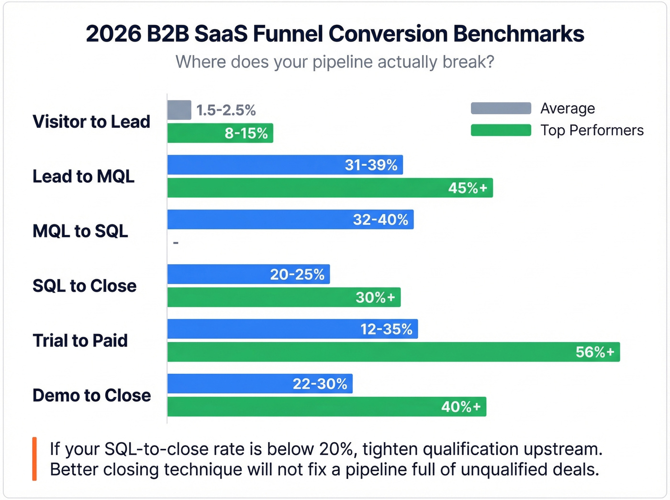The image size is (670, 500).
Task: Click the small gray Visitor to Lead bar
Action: pos(179,110)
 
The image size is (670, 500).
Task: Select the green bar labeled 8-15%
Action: pos(220,133)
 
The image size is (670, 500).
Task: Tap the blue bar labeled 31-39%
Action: pos(285,165)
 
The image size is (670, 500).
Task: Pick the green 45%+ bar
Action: pos(330,188)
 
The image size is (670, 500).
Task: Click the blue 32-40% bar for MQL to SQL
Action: pos(290,220)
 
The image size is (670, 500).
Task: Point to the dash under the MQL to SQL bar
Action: pos(176,243)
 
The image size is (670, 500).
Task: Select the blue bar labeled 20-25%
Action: pos(248,274)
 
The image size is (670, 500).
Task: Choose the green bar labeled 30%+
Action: pos(284,297)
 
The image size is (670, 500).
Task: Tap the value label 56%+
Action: pos(594,352)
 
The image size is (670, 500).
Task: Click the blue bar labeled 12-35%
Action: pos(292,329)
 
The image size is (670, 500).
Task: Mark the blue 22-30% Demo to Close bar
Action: pos(260,384)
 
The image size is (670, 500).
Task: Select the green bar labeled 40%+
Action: pos(326,407)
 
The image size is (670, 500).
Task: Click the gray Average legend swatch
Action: pos(501,108)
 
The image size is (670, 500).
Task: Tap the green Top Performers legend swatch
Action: pos(501,130)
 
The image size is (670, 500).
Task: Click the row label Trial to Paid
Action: pos(80,341)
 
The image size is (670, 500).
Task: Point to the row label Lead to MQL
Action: pos(83,176)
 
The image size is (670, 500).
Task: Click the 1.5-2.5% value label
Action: pos(226,111)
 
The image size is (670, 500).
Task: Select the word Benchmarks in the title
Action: pos(518,34)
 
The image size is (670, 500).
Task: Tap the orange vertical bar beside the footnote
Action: pos(34,458)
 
